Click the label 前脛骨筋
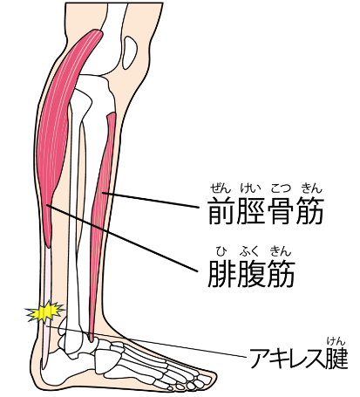(266, 211)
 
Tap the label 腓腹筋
(251, 273)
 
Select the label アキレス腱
(298, 357)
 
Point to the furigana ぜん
(221, 188)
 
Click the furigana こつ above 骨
(281, 188)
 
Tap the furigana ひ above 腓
(221, 251)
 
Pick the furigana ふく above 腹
(249, 251)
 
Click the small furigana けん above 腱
(336, 340)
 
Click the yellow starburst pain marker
(44, 311)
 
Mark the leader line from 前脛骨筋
(151, 200)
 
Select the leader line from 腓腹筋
(122, 238)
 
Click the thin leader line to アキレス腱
(146, 341)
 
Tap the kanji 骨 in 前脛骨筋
(280, 211)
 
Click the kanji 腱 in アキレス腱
(336, 357)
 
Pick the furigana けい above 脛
(249, 188)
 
